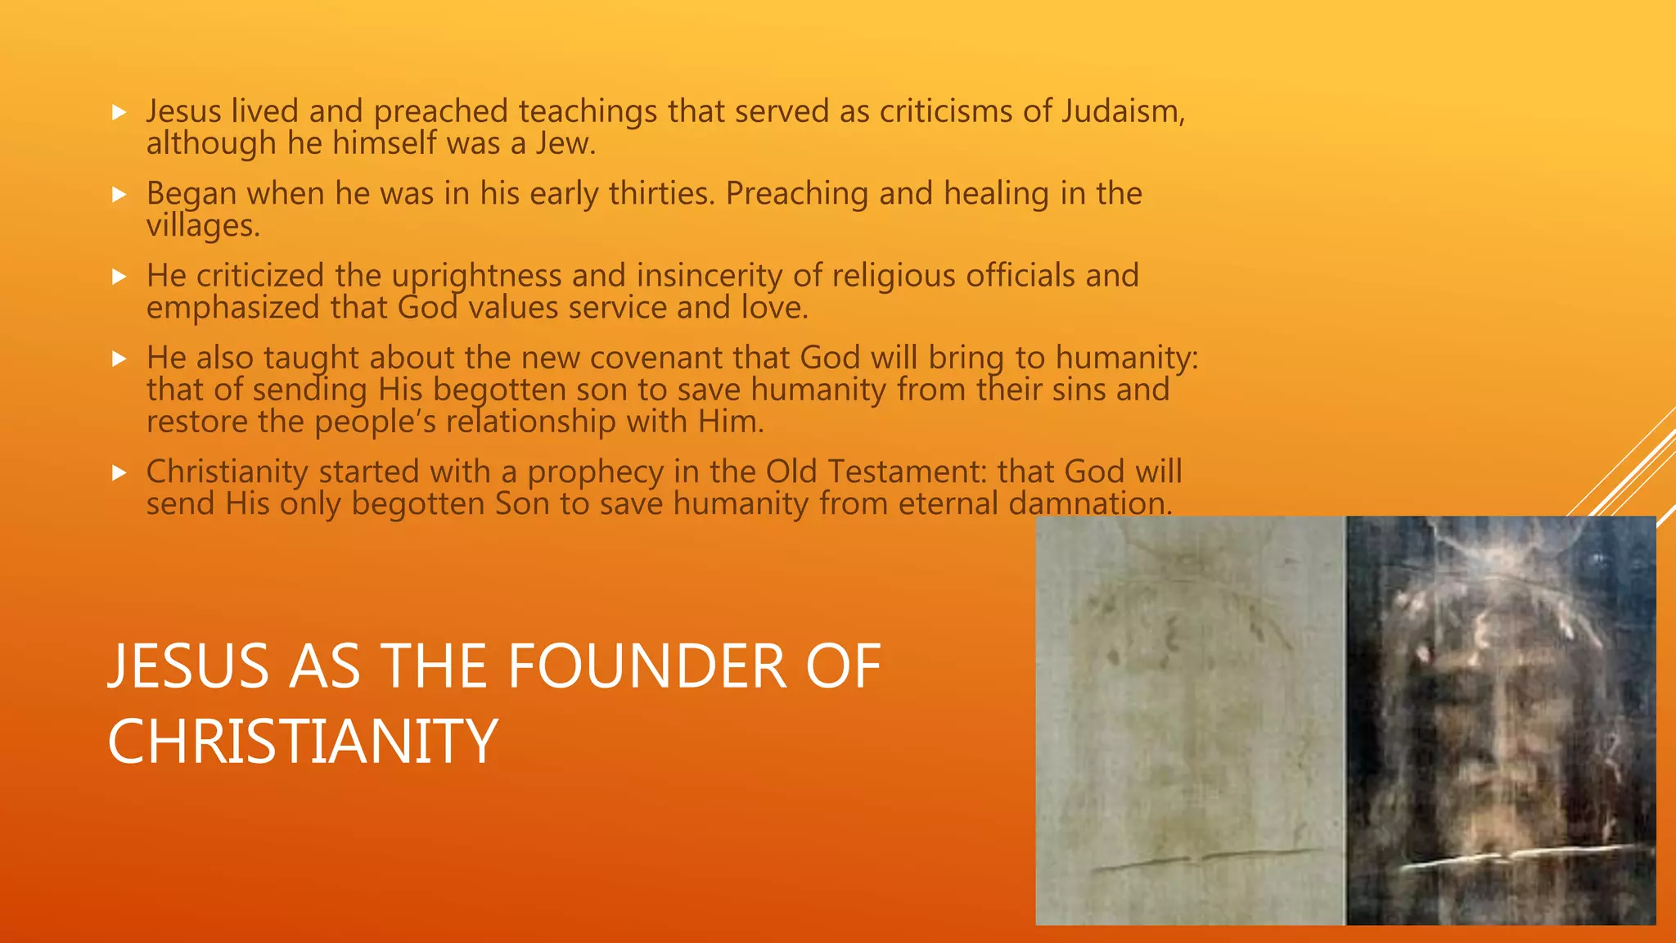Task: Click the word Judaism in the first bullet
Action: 1121,111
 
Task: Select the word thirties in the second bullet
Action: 661,194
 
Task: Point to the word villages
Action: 202,226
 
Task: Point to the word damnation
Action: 1089,503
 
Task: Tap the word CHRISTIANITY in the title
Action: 303,742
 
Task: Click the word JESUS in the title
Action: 188,666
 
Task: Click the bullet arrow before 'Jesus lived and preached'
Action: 119,112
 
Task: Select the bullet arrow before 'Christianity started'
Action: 119,472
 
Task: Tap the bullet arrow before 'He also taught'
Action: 119,359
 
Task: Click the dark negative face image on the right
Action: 1501,720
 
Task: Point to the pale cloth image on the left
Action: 1190,720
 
